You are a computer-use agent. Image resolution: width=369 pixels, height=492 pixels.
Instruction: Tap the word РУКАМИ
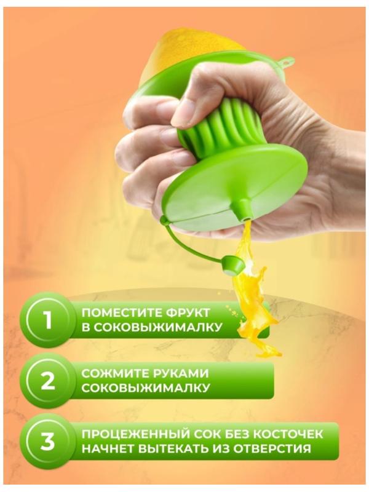pyautogui.click(x=181, y=373)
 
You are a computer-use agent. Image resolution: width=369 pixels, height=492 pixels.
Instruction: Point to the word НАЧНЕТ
pyautogui.click(x=109, y=449)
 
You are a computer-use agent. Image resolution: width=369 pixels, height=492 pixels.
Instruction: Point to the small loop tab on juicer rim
pyautogui.click(x=286, y=62)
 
